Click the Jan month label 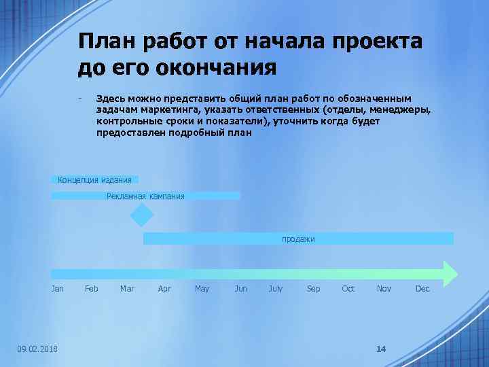click(x=58, y=289)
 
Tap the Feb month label click(x=92, y=289)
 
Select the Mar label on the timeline click(x=127, y=289)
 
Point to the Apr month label click(x=164, y=289)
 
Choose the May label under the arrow click(x=202, y=289)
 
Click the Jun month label click(x=240, y=289)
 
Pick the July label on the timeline click(x=276, y=289)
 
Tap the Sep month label click(x=313, y=289)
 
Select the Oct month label click(x=348, y=289)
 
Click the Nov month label click(x=384, y=289)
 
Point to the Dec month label click(x=422, y=289)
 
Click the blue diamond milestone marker click(x=143, y=215)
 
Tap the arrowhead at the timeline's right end click(x=450, y=272)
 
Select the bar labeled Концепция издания click(x=95, y=179)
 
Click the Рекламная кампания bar click(x=145, y=196)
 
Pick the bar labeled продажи click(x=298, y=239)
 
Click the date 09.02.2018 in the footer click(x=37, y=349)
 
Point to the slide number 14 click(x=380, y=349)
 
